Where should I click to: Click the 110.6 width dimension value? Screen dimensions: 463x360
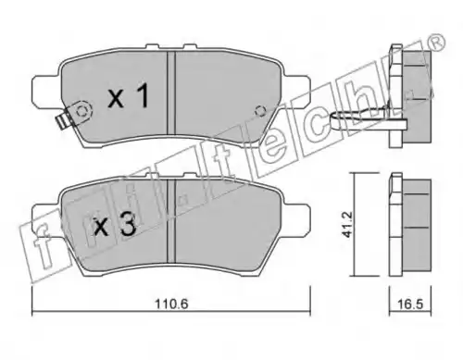point(171,304)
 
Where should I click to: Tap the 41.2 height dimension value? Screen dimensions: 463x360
point(348,224)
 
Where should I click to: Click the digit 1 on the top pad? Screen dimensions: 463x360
point(143,96)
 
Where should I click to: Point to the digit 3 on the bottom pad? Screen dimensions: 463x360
point(128,225)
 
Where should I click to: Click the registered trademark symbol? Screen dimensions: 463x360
point(437,42)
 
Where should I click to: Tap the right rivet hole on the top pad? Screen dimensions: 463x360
point(260,111)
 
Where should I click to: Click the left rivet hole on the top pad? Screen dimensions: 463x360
point(81,111)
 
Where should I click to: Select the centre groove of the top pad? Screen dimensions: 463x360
point(171,93)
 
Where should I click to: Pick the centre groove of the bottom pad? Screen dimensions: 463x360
point(171,221)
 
